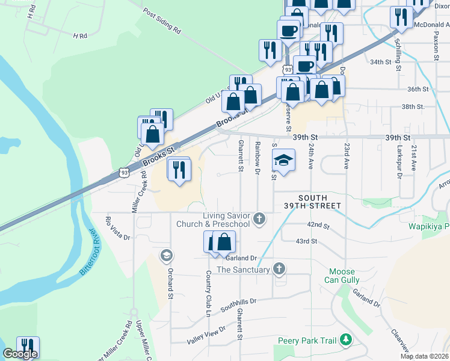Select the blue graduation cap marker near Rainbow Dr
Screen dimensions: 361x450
click(283, 160)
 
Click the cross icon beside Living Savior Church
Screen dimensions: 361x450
click(259, 218)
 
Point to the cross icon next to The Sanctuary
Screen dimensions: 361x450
click(279, 269)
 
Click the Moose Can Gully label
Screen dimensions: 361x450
click(344, 276)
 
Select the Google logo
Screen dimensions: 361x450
click(20, 354)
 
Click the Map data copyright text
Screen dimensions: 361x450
click(424, 356)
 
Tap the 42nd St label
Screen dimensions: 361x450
click(318, 226)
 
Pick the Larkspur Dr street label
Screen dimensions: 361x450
click(398, 158)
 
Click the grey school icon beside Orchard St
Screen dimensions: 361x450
click(165, 256)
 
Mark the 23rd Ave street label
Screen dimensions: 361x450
click(347, 155)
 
